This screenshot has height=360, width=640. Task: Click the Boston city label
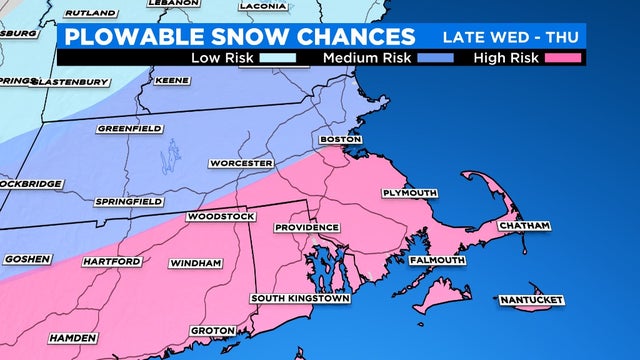[339, 139]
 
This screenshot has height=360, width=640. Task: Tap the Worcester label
[240, 163]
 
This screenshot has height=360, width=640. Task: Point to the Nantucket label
[531, 300]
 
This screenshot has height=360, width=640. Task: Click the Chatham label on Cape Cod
[524, 226]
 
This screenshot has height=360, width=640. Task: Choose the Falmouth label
[437, 260]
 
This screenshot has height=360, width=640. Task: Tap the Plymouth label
[410, 192]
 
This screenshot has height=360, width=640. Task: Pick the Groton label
[212, 331]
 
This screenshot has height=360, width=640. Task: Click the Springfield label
[128, 202]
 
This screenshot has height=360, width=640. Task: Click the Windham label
[195, 263]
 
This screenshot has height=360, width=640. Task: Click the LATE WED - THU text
[510, 36]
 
